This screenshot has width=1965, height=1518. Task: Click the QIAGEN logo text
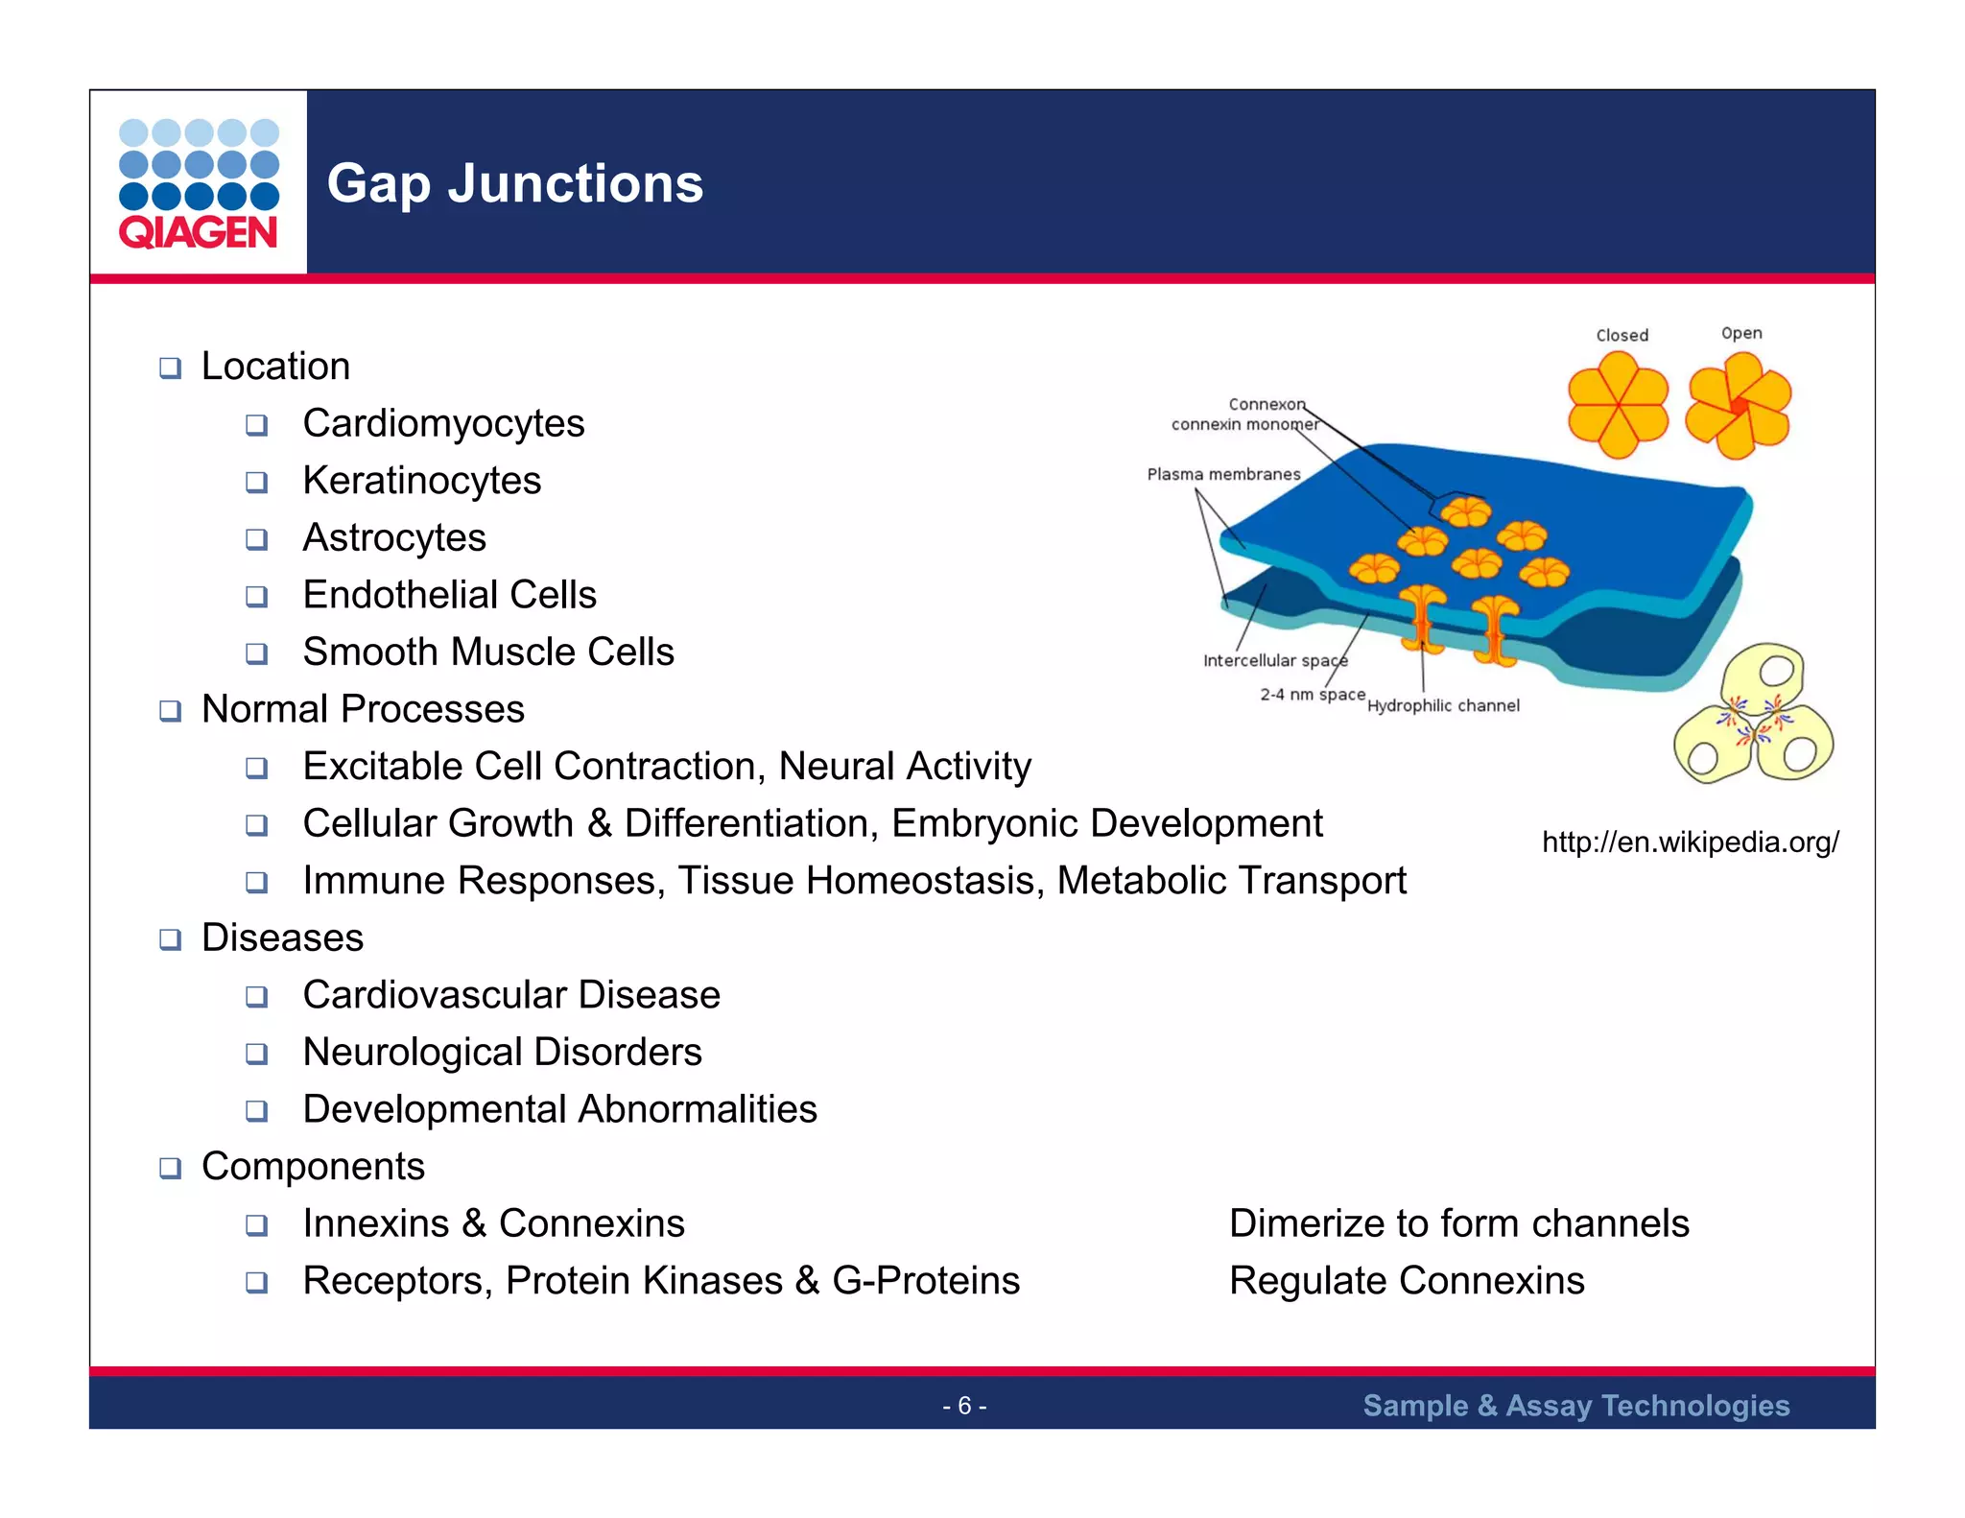[198, 232]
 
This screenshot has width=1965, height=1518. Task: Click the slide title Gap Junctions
[514, 183]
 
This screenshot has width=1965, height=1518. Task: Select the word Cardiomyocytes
[443, 423]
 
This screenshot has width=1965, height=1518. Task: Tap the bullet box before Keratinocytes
[256, 482]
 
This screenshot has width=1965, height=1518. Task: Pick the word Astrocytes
[394, 537]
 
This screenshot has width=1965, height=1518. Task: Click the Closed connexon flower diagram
[1618, 404]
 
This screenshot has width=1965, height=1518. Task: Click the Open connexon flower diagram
[1739, 405]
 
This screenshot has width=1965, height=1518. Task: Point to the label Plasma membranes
[1223, 474]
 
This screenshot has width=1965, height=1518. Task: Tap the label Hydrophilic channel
[1443, 705]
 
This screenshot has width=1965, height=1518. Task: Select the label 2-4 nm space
[1312, 694]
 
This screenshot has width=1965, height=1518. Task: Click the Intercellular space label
[1275, 660]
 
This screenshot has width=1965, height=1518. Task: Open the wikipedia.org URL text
[1690, 842]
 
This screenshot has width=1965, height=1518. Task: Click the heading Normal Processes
[363, 709]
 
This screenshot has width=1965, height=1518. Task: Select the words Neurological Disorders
[502, 1052]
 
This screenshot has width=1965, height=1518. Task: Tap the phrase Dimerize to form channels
[1458, 1223]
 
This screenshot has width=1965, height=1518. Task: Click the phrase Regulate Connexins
[1407, 1281]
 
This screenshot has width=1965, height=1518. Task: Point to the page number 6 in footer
[964, 1406]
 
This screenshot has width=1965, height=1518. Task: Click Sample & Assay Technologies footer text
[1575, 1406]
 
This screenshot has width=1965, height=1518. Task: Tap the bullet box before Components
[171, 1168]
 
